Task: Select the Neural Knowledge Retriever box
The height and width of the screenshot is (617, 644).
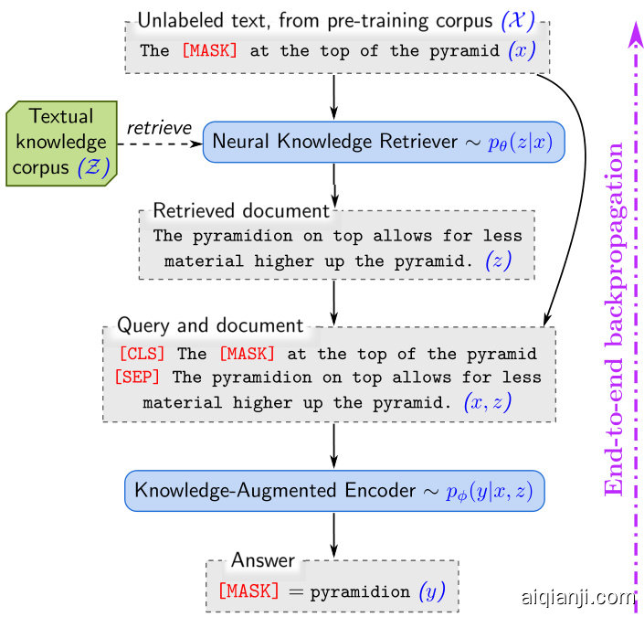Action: click(384, 142)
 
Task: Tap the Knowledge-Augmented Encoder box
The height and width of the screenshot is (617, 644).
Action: click(334, 491)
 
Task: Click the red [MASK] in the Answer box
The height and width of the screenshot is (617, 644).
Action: click(248, 591)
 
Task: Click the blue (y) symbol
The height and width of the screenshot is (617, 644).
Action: click(431, 591)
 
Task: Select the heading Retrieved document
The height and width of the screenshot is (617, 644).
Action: click(240, 211)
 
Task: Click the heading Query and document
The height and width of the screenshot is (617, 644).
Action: click(210, 325)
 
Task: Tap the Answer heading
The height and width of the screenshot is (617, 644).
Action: click(263, 559)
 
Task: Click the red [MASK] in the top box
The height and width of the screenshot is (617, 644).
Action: click(209, 51)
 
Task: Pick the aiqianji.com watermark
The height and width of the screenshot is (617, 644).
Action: click(575, 599)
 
